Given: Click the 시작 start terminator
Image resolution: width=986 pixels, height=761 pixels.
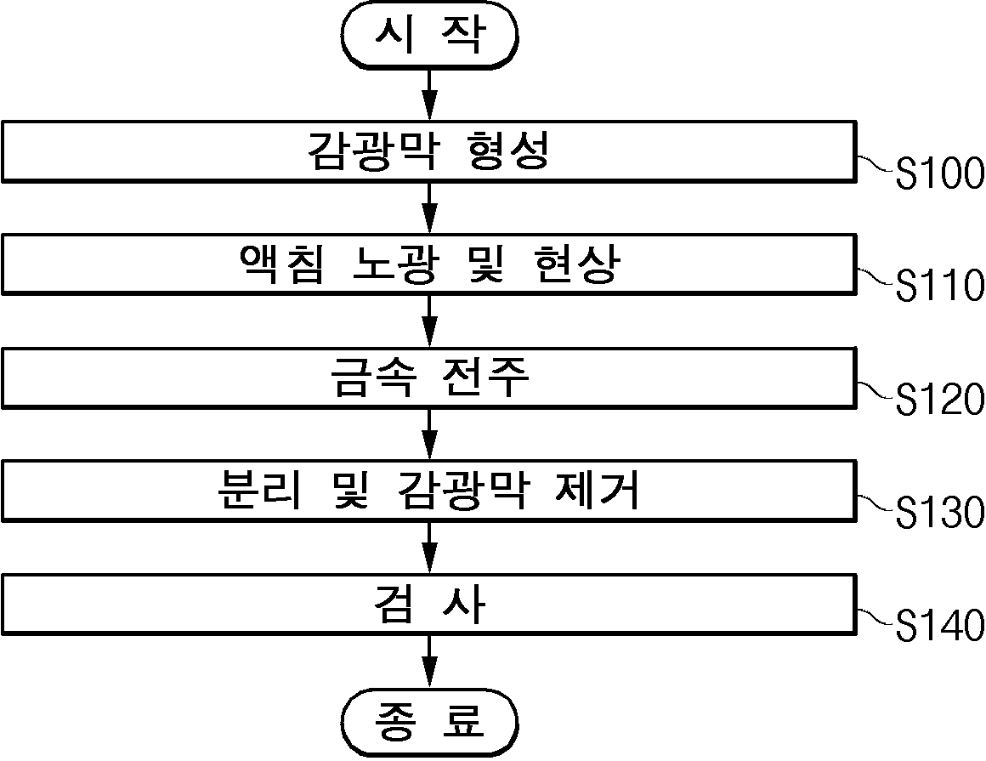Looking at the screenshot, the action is click(429, 35).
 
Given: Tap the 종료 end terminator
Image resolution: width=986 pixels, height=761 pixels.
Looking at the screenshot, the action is click(429, 721).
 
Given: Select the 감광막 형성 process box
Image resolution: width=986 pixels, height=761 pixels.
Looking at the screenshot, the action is click(429, 151).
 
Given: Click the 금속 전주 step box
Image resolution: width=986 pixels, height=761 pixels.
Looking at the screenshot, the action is click(429, 378).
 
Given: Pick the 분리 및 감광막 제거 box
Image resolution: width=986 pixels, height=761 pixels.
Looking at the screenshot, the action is click(429, 491).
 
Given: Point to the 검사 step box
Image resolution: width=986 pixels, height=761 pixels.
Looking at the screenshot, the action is click(429, 605).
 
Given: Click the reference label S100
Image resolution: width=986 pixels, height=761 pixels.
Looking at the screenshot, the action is click(939, 173).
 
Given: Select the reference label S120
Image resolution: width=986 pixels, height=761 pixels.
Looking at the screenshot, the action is click(939, 400).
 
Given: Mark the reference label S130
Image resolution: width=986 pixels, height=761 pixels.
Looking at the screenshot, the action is click(939, 513).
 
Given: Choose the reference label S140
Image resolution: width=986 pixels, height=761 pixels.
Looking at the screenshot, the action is click(939, 626).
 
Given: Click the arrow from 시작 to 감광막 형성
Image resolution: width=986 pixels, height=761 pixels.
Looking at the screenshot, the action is click(429, 95).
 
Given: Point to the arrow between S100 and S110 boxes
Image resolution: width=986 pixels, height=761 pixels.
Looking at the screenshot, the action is click(429, 208).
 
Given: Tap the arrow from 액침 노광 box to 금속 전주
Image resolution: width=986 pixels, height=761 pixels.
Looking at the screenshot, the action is click(429, 321).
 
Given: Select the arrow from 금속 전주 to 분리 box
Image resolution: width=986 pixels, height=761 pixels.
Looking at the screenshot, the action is click(429, 434).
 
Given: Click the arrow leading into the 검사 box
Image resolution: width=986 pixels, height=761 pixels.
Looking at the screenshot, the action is click(429, 548).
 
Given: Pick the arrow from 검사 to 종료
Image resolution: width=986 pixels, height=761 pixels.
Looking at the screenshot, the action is click(429, 662).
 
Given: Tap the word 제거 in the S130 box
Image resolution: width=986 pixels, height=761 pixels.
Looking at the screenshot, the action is click(598, 491).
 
